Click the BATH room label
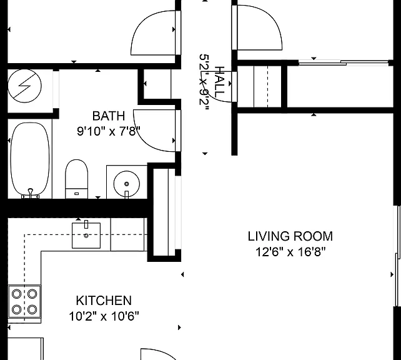[x=109, y=116]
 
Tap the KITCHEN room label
[x=104, y=301]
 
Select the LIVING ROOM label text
[x=290, y=236]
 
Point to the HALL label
[x=219, y=82]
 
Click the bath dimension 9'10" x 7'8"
[x=109, y=131]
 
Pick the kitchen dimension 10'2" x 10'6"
[x=104, y=316]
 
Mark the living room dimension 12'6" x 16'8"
[x=290, y=252]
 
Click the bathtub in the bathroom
[x=30, y=160]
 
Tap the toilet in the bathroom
[x=76, y=179]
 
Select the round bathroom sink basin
[x=127, y=184]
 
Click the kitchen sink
[x=86, y=236]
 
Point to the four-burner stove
[x=24, y=302]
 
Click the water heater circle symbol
[x=24, y=86]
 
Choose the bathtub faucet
[x=31, y=193]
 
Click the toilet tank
[x=76, y=193]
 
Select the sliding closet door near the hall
[x=344, y=62]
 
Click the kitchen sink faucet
[x=86, y=224]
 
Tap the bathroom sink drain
[x=127, y=184]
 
